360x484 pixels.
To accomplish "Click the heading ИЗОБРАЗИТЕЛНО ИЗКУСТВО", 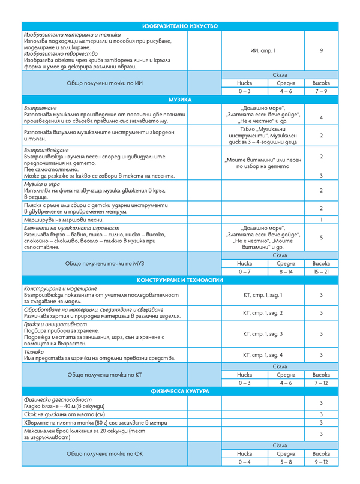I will pyautogui.click(x=180, y=26).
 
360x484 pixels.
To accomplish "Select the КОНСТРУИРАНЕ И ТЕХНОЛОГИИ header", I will pyautogui.click(x=180, y=280).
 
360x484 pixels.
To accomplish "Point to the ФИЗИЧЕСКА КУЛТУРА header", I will pyautogui.click(x=180, y=391).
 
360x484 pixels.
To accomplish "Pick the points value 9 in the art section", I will pyautogui.click(x=322, y=50).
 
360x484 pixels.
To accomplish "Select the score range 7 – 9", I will pyautogui.click(x=322, y=91).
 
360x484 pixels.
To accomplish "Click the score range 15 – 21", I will pyautogui.click(x=322, y=272).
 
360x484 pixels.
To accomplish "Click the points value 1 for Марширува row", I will pyautogui.click(x=322, y=220).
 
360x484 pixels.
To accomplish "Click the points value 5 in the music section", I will pyautogui.click(x=322, y=238).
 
